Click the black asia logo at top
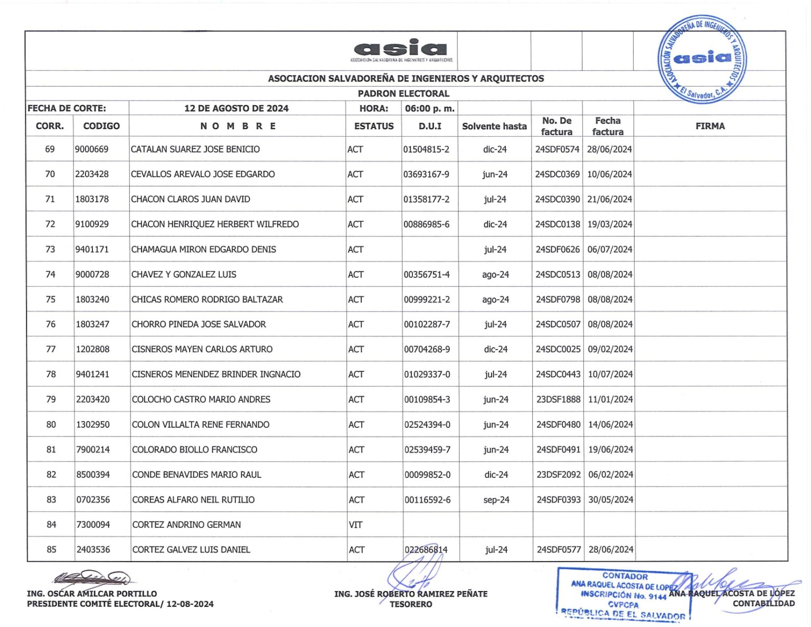tap(401, 50)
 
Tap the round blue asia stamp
tap(702, 59)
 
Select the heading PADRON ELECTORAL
tap(403, 93)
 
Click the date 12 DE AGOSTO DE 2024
tap(236, 108)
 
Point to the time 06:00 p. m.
tap(429, 108)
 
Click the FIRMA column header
tap(710, 126)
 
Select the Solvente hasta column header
tap(494, 126)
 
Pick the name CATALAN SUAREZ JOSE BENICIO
tap(195, 149)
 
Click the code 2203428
tap(92, 174)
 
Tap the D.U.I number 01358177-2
tap(427, 199)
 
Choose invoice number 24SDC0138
tap(558, 224)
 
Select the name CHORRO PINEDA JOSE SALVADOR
tap(199, 324)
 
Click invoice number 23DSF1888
tap(558, 399)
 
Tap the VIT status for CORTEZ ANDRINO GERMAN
tap(355, 525)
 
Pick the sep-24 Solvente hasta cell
tap(496, 500)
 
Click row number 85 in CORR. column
tap(51, 549)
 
